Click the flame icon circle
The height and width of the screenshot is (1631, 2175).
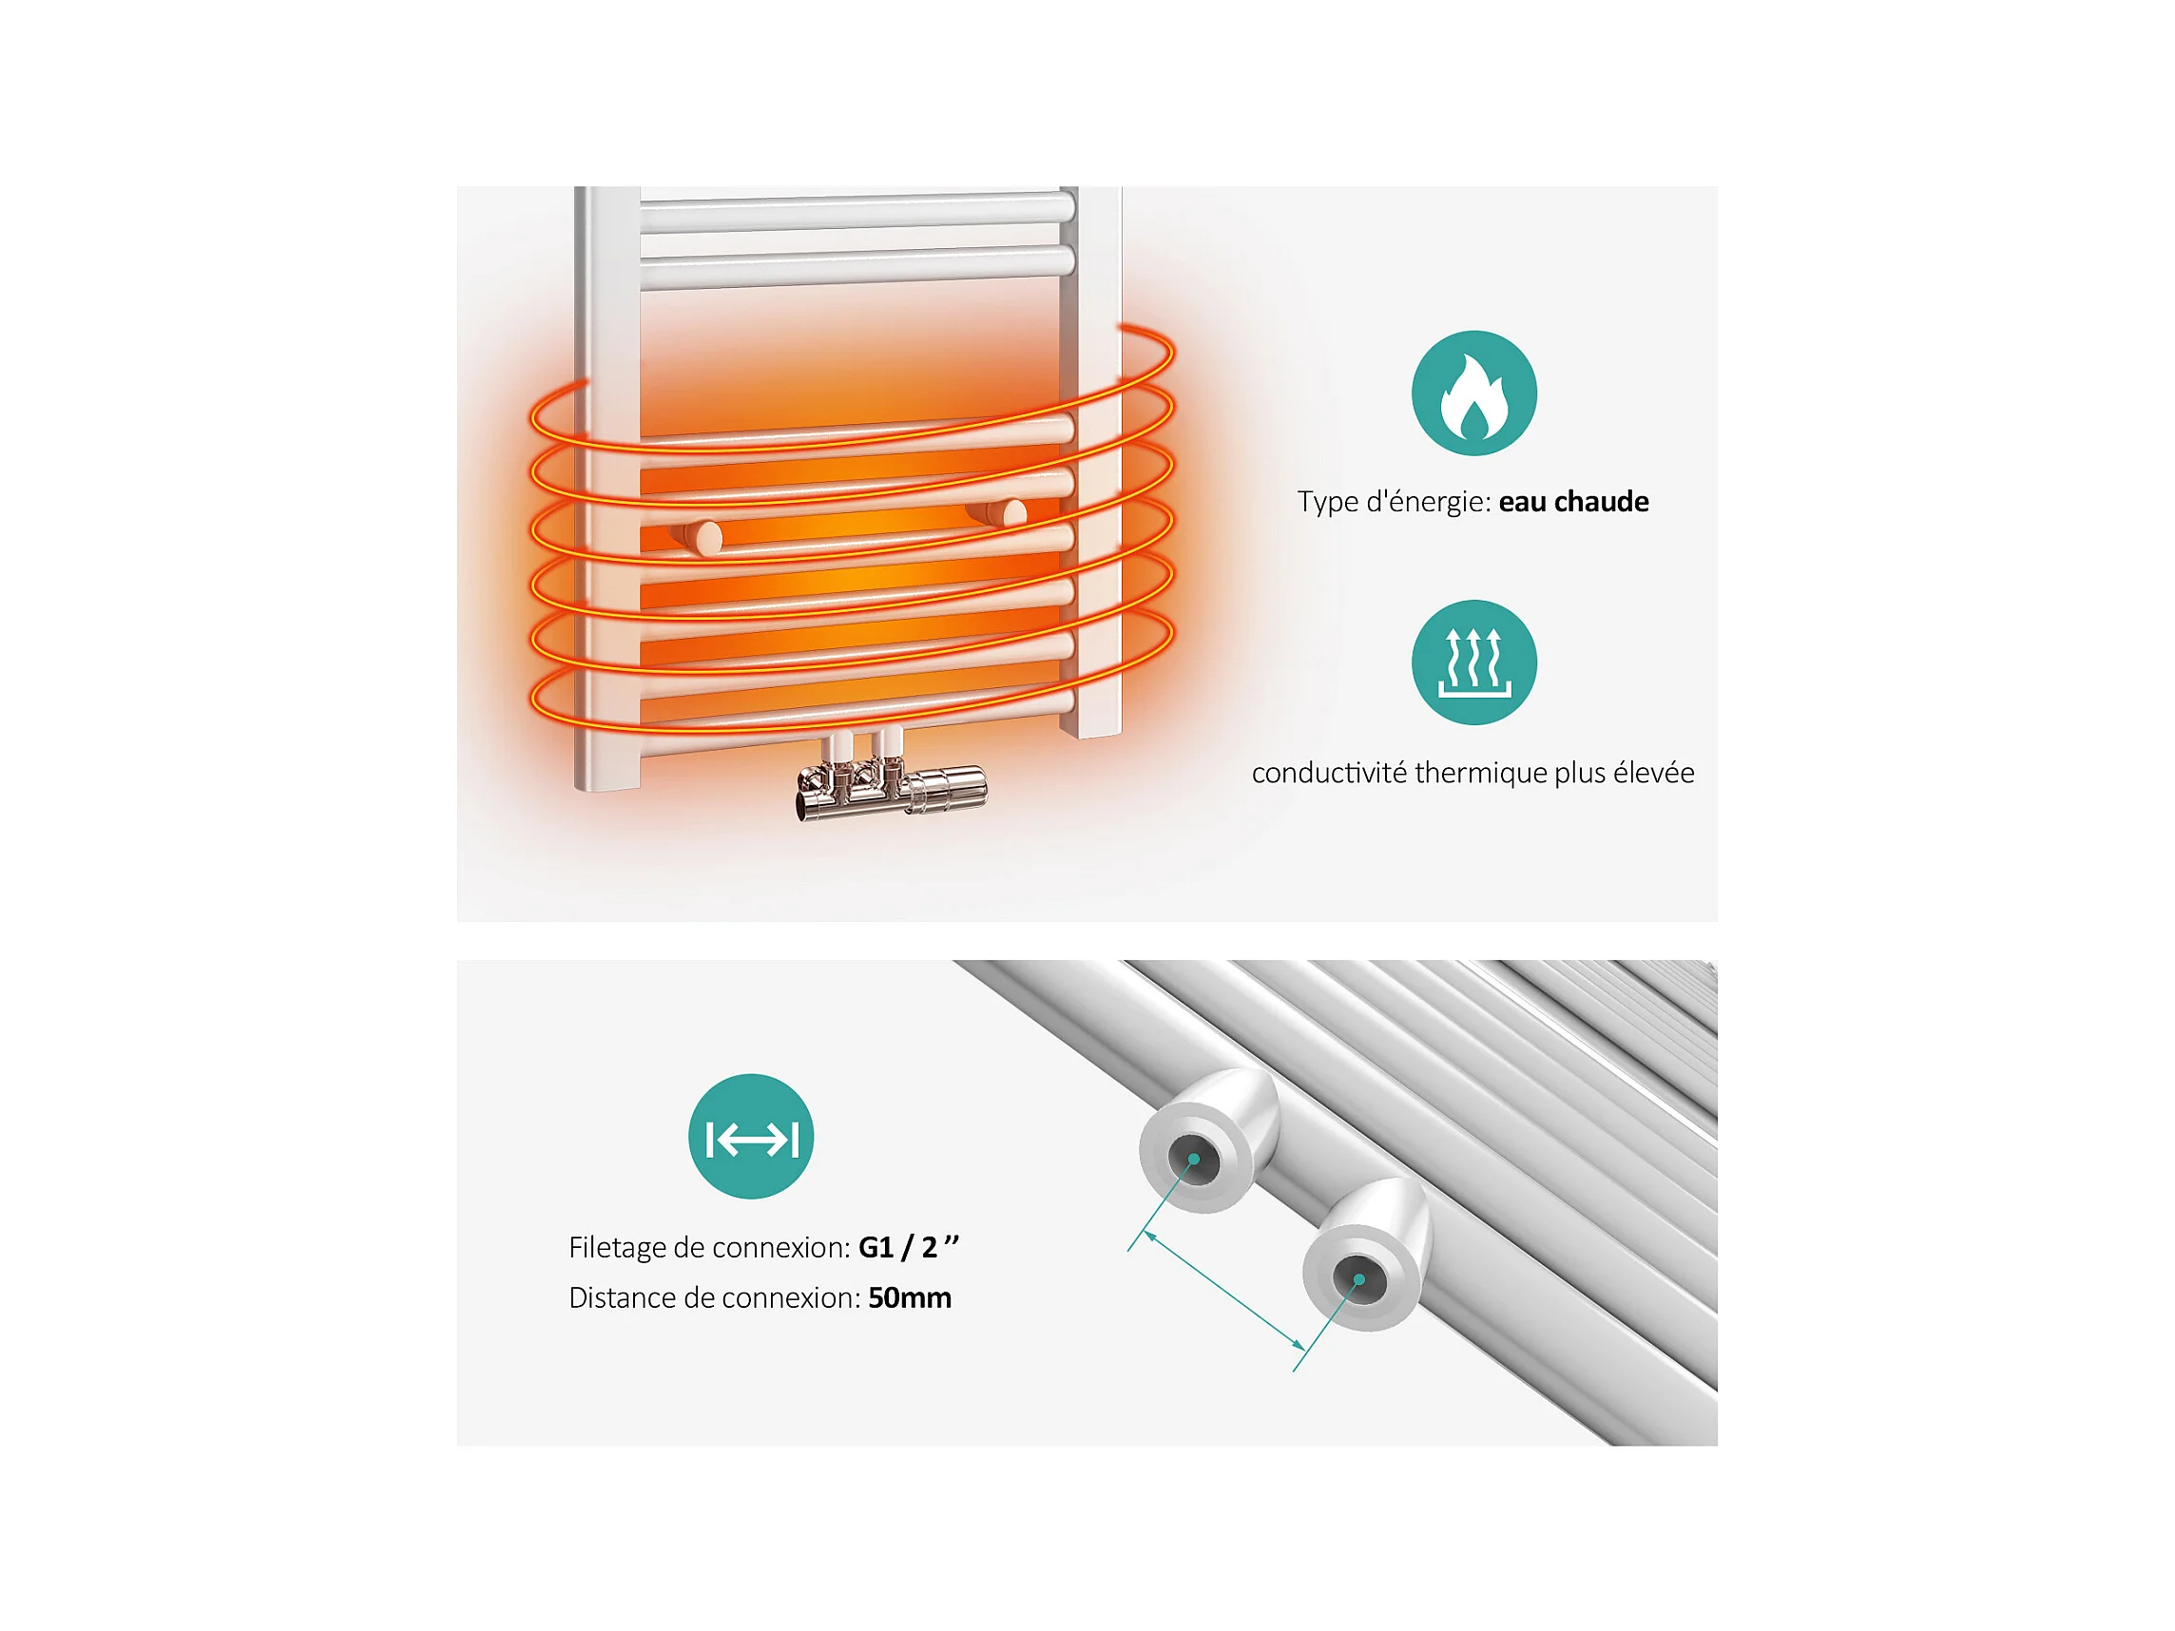point(1474,393)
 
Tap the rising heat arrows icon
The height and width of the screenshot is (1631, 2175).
point(1474,662)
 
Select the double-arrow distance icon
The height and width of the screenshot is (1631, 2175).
point(751,1137)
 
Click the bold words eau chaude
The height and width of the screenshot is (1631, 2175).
point(1573,503)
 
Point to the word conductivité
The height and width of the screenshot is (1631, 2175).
point(1329,773)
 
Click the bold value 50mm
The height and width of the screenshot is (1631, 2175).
point(910,1297)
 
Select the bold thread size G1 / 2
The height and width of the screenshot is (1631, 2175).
point(909,1248)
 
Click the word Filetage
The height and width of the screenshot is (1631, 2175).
point(618,1249)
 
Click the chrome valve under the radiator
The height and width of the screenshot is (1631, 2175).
point(890,777)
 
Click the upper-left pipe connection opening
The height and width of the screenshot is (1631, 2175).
point(1193,1160)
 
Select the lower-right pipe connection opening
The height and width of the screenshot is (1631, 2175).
point(1358,1279)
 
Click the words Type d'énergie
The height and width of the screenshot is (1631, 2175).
point(1395,503)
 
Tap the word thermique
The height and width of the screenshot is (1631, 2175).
point(1481,773)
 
